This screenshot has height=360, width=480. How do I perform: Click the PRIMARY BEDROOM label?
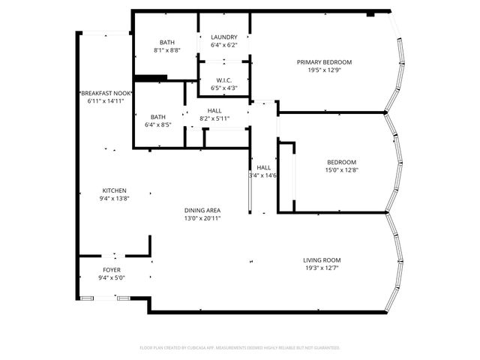(324, 62)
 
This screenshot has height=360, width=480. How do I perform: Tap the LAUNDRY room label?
(223, 37)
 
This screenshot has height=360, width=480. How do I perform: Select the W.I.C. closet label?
(223, 81)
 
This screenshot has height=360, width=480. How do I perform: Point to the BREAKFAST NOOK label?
(105, 92)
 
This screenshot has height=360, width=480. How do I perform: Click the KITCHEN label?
(114, 190)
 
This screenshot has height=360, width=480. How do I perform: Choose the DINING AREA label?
(202, 210)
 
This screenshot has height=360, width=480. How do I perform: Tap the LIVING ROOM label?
(322, 260)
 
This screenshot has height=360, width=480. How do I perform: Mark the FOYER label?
(111, 269)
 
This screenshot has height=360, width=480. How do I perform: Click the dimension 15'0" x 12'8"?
(341, 170)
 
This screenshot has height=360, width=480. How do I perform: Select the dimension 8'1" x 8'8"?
(167, 50)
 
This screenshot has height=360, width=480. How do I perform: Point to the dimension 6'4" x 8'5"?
(157, 124)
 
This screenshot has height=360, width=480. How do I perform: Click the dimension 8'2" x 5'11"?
(214, 118)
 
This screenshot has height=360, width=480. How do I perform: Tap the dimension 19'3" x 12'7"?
(322, 268)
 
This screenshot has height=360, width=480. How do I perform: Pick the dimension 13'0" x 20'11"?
(202, 218)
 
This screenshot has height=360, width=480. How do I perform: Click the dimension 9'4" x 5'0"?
(111, 277)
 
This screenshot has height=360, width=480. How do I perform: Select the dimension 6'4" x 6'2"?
(223, 45)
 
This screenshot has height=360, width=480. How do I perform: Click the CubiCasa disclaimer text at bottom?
(240, 348)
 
